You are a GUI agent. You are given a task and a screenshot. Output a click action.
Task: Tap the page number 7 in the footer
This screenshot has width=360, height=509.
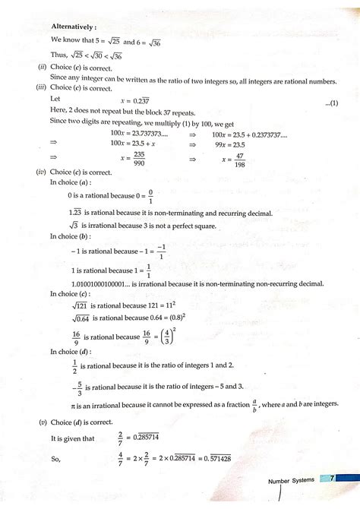point(333,477)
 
